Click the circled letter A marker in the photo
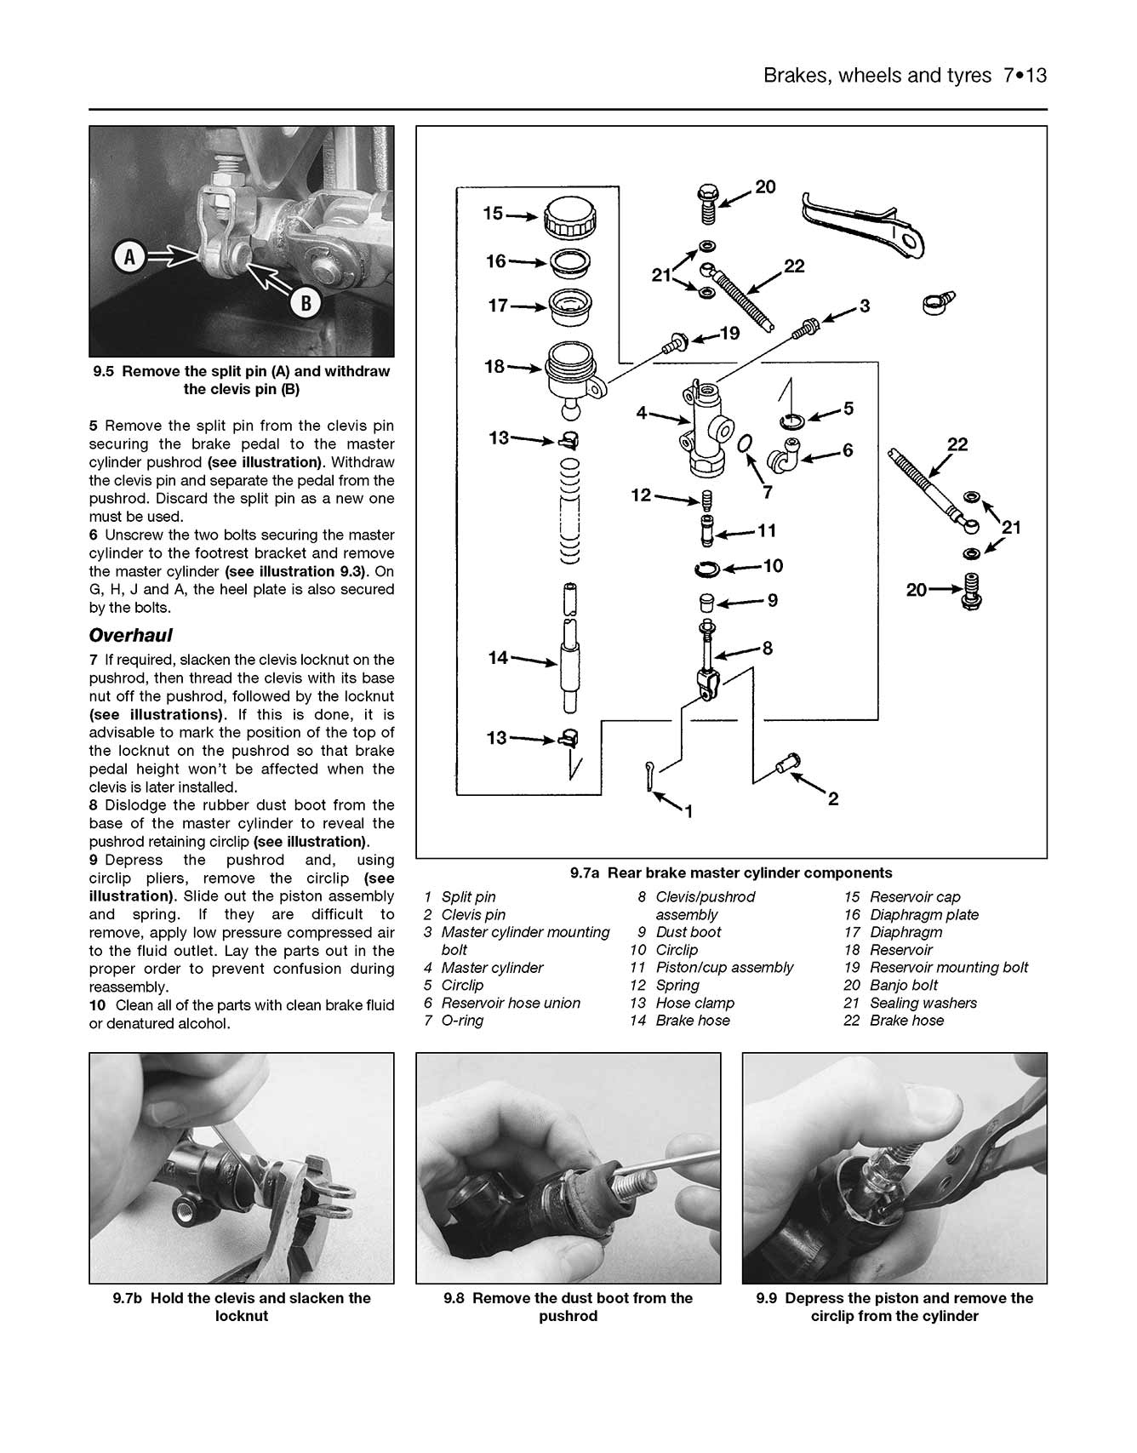[x=130, y=256]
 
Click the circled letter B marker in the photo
[x=305, y=301]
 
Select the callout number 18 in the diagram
[x=494, y=367]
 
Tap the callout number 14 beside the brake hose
[x=498, y=657]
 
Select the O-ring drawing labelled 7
[x=745, y=443]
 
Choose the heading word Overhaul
[x=130, y=635]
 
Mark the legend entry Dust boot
[x=688, y=932]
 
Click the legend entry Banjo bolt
[x=904, y=985]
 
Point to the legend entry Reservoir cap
[x=915, y=897]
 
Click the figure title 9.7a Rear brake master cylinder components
[x=731, y=872]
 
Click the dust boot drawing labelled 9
[x=706, y=603]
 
